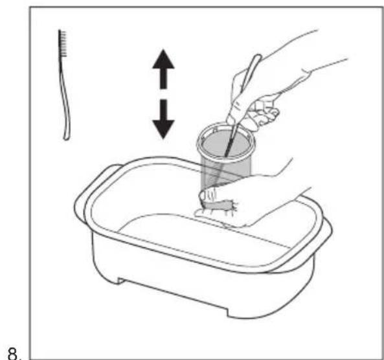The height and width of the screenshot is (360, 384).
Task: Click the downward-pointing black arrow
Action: pos(163,118)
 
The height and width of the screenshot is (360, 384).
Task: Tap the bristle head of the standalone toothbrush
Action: pos(62,43)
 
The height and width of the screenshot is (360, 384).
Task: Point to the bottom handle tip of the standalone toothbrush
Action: pos(66,139)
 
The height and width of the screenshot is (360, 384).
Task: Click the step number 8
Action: pos(15,354)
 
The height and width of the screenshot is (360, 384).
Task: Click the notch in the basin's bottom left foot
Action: pos(120,281)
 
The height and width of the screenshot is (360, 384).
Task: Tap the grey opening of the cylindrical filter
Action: pos(225,143)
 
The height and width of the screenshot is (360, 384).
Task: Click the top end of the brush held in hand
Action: pos(258,57)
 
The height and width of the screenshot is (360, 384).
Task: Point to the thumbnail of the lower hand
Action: pos(202,195)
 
